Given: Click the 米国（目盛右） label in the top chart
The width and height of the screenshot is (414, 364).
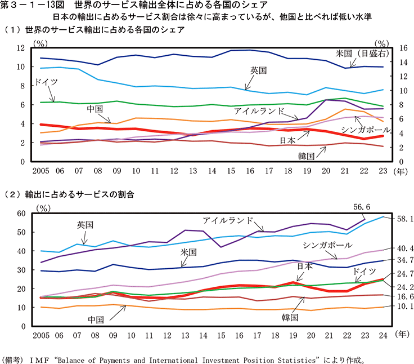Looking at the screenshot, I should coord(362,54).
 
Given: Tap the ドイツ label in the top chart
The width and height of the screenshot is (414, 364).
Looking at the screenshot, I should coord(46,82).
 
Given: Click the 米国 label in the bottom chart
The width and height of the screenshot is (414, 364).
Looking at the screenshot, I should coord(188,251).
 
